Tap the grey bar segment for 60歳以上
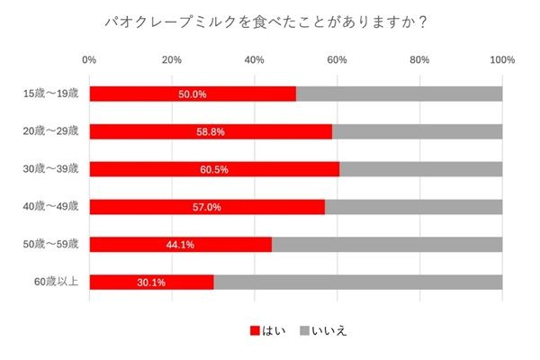coord(357,282)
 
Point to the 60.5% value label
coord(214,168)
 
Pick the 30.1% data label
coord(151,282)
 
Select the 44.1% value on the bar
coord(180,244)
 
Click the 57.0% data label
coord(206,206)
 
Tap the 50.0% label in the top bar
coord(193,94)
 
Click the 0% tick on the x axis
coord(89,60)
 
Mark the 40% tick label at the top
coord(255,60)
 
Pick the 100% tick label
coord(501,60)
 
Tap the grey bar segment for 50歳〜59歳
coord(387,244)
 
